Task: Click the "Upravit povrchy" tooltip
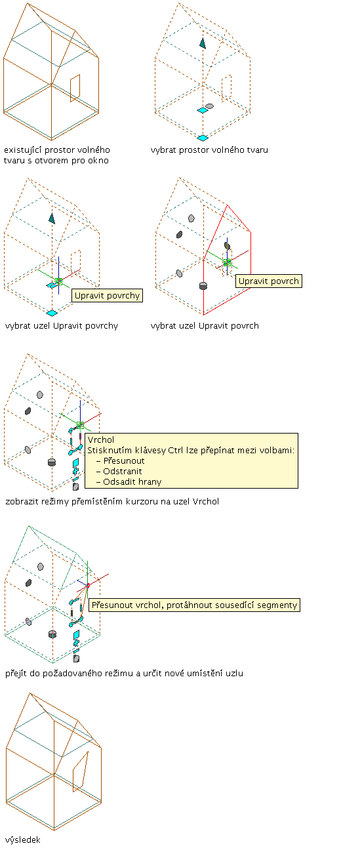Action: tap(107, 296)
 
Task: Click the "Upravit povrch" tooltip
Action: tap(269, 281)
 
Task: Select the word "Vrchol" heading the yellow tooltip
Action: tap(101, 439)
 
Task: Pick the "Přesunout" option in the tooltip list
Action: tap(124, 460)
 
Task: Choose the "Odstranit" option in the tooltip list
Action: tap(123, 472)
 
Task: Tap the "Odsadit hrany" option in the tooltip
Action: tap(132, 482)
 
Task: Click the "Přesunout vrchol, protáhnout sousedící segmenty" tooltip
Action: tap(194, 605)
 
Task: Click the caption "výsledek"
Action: tap(23, 840)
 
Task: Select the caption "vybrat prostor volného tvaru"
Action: tap(209, 150)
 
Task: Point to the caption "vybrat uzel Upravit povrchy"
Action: tap(62, 325)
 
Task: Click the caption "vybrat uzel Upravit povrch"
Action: tap(205, 325)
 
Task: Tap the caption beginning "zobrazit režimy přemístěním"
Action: tap(112, 501)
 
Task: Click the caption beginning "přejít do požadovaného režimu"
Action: tap(125, 673)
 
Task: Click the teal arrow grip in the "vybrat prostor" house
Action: tap(203, 43)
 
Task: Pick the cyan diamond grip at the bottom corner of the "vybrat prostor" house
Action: tap(203, 138)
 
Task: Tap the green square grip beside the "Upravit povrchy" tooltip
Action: tap(58, 281)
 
